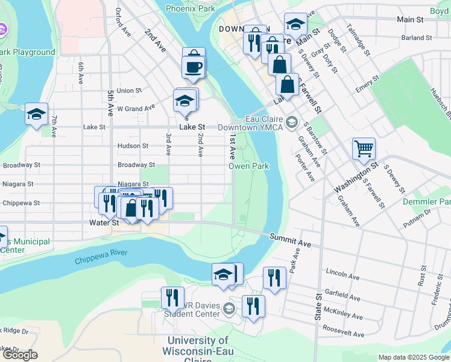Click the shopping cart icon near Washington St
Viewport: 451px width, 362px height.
point(364,148)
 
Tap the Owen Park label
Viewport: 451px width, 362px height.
point(248,165)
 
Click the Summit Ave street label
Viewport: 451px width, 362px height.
point(290,240)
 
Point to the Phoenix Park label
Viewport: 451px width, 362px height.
point(190,9)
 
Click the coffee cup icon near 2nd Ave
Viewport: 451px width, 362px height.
point(193,66)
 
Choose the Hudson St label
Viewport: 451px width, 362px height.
point(133,146)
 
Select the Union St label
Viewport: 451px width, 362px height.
point(129,91)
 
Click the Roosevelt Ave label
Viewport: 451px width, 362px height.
point(344,334)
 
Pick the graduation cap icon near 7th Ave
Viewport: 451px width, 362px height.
point(36,113)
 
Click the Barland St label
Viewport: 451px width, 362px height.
point(417,37)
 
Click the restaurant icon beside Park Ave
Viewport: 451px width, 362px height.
point(274,278)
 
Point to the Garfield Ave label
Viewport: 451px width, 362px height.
point(342,298)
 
